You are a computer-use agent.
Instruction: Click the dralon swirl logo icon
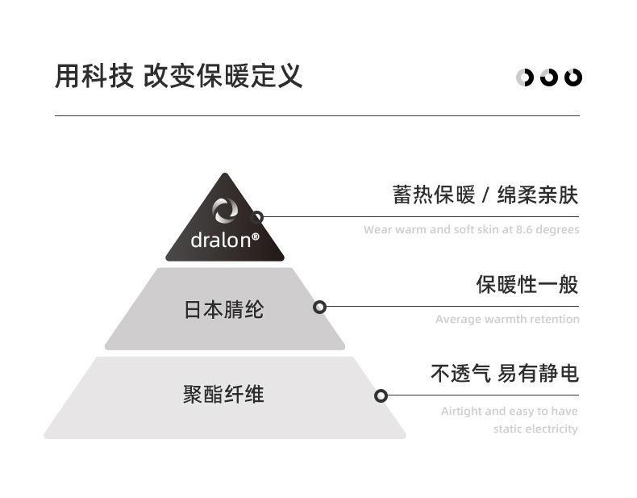tap(225, 211)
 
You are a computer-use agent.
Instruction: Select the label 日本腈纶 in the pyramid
tap(223, 310)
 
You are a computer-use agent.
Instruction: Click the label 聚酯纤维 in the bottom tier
tap(223, 395)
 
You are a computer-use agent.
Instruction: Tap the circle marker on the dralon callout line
tap(257, 217)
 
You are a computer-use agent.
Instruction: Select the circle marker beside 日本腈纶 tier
tap(319, 307)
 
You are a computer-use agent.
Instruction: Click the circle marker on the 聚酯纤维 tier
tap(381, 395)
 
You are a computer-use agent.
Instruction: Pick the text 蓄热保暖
tap(422, 195)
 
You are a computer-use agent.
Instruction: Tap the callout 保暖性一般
tap(527, 285)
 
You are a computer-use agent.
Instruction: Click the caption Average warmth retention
tap(507, 320)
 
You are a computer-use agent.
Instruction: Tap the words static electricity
tap(535, 429)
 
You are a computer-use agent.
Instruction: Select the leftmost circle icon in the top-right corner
tap(525, 77)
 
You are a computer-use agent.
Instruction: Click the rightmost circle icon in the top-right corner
tap(573, 77)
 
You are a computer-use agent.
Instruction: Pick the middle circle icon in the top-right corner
tap(549, 77)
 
